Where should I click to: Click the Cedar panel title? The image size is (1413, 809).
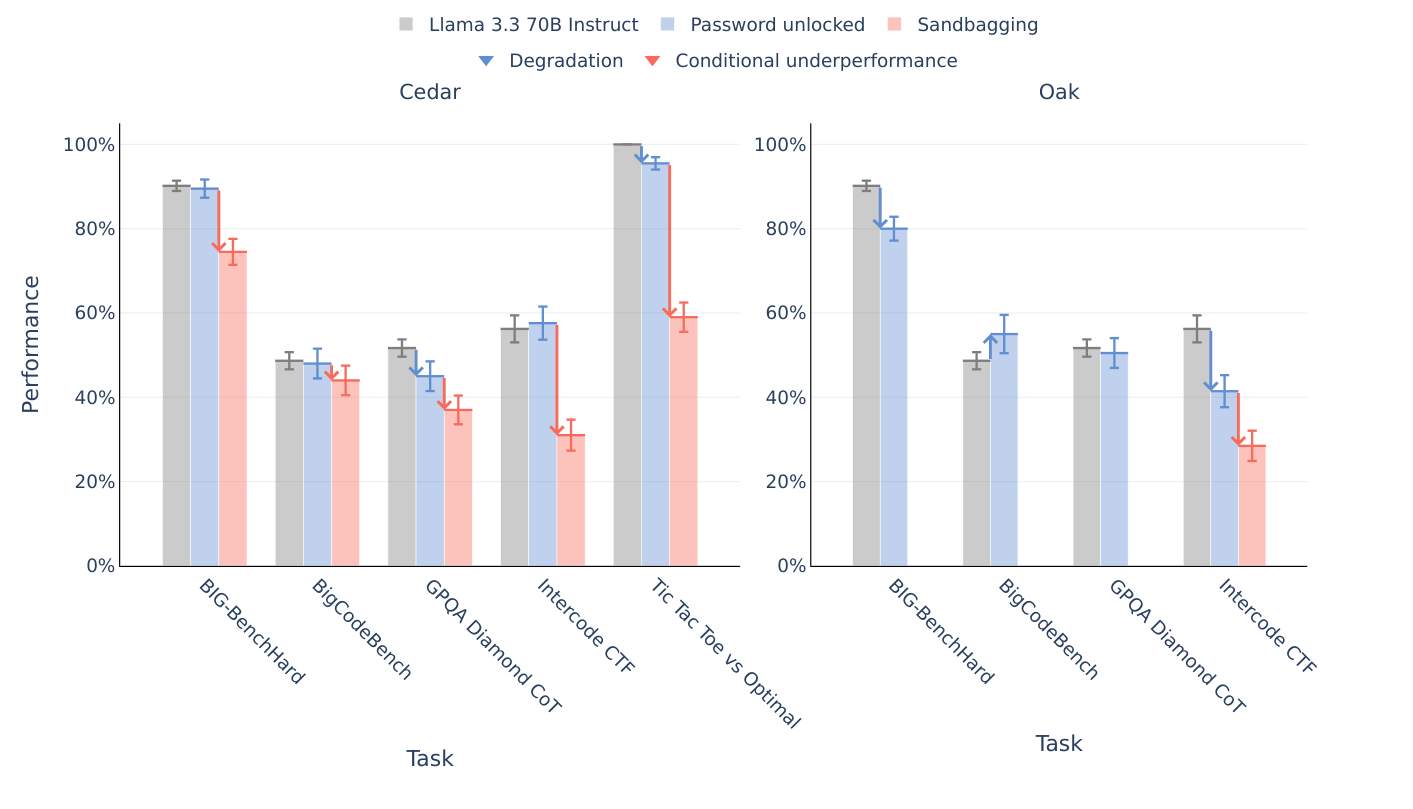[429, 93]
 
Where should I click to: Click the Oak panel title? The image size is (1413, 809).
[1058, 93]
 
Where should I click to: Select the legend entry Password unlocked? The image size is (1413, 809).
[776, 25]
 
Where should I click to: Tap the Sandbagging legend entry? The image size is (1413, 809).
[976, 25]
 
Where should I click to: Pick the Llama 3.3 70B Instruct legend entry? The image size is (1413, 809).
[532, 25]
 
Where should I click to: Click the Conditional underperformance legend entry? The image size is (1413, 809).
[815, 61]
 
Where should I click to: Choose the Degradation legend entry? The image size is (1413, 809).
[565, 61]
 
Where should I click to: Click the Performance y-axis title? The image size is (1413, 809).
[31, 344]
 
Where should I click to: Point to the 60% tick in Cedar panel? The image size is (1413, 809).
[89, 313]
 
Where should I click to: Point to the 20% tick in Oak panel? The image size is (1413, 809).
[779, 482]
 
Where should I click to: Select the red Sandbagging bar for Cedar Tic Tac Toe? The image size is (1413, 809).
[683, 440]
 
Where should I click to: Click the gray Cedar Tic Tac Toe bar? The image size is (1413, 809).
[627, 355]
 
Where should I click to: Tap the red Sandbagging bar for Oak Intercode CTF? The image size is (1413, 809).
[1252, 505]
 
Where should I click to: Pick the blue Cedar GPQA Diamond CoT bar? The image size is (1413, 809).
[430, 470]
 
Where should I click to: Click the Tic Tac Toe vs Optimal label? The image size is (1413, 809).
[724, 653]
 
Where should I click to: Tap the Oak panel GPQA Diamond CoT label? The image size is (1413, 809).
[1176, 646]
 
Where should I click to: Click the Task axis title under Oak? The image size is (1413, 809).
[1058, 744]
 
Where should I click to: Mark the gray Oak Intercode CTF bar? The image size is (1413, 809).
[1197, 447]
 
